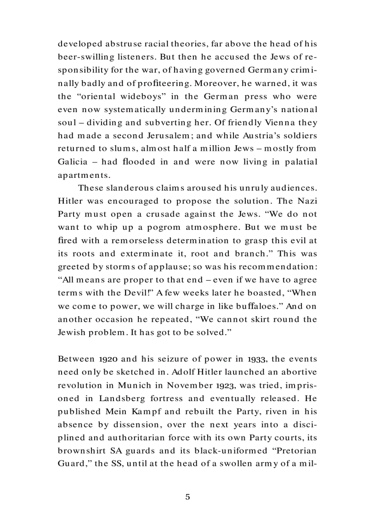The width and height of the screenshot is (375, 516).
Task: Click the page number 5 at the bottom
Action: (187, 497)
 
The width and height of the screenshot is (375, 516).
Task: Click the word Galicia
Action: (72, 162)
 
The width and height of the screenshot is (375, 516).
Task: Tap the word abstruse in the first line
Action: (118, 45)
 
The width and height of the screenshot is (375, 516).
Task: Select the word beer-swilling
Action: (88, 58)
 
